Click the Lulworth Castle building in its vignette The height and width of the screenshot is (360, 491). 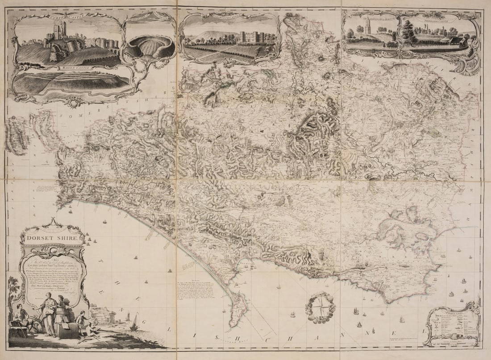pyautogui.click(x=250, y=37)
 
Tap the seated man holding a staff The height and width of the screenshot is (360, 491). pyautogui.click(x=20, y=317)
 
